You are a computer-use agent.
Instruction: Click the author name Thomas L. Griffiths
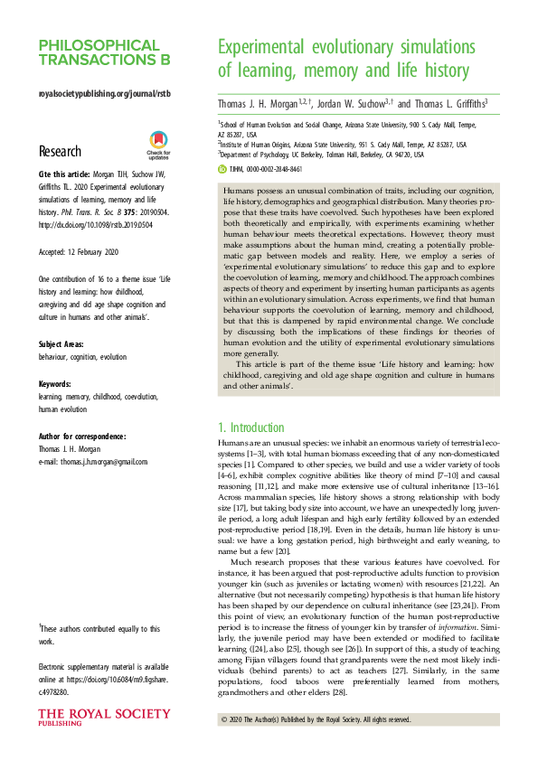[447, 104]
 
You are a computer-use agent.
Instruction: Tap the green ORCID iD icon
[223, 169]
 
